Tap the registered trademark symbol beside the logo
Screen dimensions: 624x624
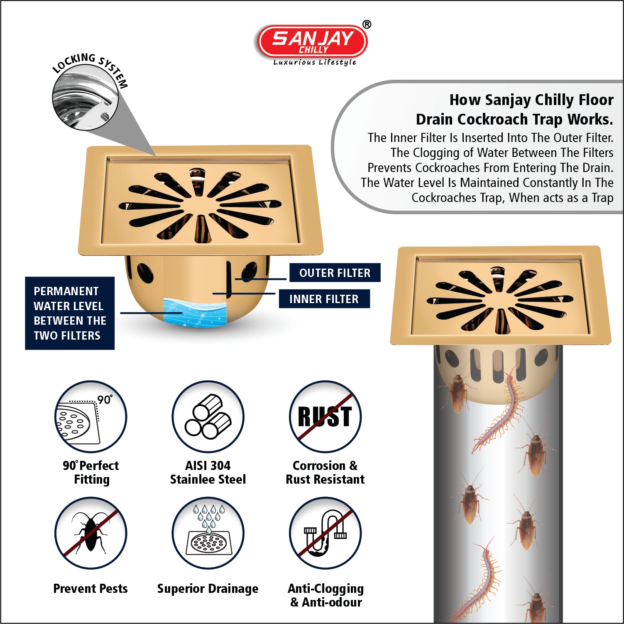367,24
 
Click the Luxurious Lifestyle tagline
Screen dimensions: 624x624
315,62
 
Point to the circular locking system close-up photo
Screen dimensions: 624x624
85,98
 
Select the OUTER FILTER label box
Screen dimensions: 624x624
335,273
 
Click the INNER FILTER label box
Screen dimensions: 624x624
324,299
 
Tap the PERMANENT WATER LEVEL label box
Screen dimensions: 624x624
70,313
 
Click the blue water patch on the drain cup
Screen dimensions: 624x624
195,312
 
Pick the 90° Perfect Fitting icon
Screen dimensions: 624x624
91,416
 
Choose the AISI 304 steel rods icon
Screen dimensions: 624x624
208,416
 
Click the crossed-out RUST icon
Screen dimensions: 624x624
325,416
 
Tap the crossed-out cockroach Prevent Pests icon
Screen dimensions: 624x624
91,533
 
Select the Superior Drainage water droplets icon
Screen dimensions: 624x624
208,533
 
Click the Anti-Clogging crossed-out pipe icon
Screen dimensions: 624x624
325,533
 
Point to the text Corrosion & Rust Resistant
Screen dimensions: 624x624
325,472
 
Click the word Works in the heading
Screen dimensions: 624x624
590,119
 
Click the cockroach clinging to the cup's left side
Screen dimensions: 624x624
457,392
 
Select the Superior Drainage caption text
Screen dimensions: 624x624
208,589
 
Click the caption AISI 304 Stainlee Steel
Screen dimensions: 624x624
208,472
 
